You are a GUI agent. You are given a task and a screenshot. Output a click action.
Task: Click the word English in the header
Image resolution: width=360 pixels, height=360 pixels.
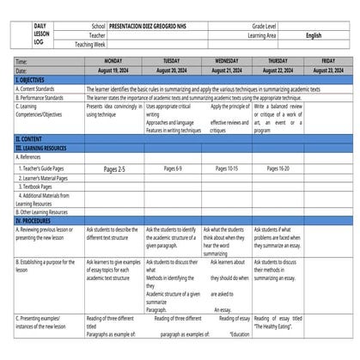point(314,35)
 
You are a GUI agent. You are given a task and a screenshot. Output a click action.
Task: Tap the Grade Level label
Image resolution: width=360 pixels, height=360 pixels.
point(262,27)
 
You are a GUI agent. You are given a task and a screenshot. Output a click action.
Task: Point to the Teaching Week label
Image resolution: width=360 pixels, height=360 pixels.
point(90,44)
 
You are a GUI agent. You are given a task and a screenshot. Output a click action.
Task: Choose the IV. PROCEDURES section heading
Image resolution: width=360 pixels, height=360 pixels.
point(37,221)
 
